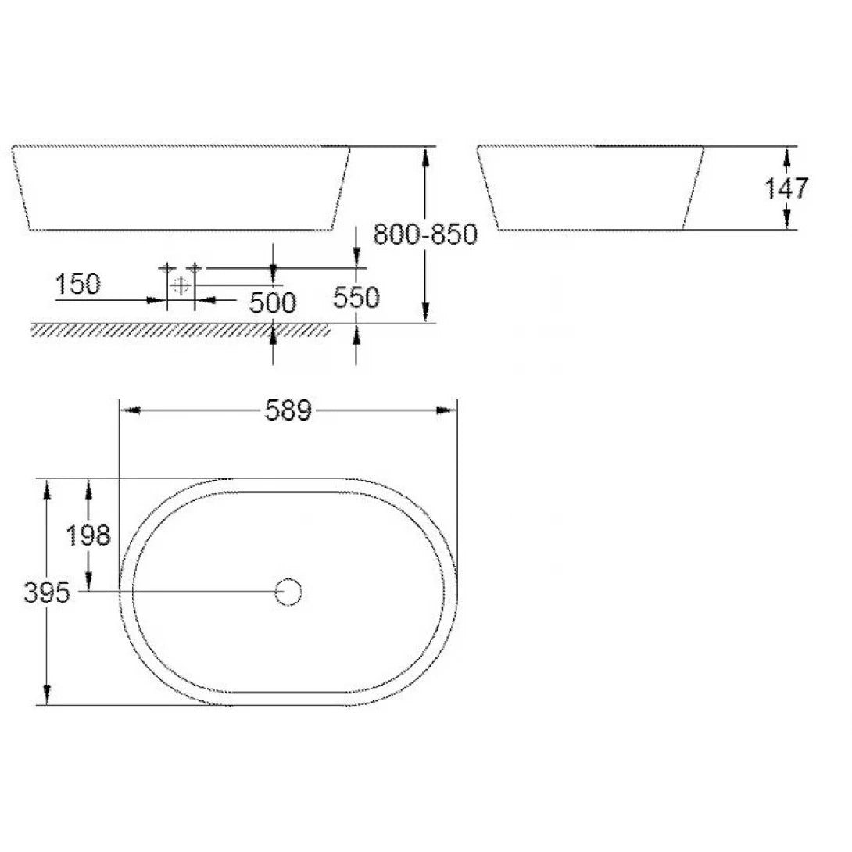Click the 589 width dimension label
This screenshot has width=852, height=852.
pos(288,410)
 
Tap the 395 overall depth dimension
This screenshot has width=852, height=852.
pos(47,593)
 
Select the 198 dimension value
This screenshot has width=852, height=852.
pos(88,535)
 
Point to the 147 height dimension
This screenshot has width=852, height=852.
pos(786,188)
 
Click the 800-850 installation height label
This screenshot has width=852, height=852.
pos(424,234)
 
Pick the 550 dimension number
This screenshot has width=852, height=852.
pos(356,297)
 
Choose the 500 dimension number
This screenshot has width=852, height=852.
pos(273,302)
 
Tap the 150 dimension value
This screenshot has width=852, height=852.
pos(78,285)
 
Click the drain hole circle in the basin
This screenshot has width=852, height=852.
pos(288,592)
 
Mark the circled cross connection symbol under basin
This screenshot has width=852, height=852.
pos(181,285)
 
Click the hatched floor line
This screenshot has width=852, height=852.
pos(180,331)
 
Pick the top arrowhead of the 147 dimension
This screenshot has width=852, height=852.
pos(786,156)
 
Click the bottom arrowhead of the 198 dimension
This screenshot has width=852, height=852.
pos(88,582)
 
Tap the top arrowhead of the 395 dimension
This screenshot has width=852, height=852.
pos(47,489)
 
